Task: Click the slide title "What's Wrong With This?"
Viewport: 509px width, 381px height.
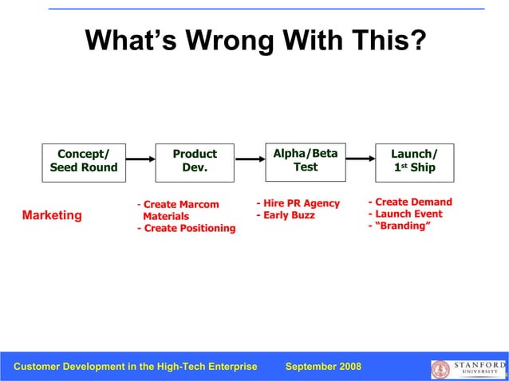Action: pos(255,41)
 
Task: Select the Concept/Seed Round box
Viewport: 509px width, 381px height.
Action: pos(84,160)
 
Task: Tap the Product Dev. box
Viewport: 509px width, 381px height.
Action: pos(195,160)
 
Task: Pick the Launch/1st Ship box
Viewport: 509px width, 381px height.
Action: pos(414,160)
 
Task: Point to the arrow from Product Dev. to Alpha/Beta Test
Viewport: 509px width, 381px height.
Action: pos(250,159)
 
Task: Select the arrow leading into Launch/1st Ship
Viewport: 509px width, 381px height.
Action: pos(359,159)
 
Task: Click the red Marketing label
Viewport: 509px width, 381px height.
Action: pos(52,215)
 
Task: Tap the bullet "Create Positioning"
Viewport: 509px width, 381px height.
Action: pos(187,229)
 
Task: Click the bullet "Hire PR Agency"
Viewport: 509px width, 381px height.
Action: pos(298,203)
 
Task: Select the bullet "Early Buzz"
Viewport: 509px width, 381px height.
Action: pos(286,215)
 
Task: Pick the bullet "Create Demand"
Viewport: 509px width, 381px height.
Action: pos(410,202)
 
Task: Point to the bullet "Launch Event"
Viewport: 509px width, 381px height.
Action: pos(405,214)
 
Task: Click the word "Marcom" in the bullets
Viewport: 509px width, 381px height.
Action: pos(199,205)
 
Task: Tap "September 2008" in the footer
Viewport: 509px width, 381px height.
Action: pos(323,367)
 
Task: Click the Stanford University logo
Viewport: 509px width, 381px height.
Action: pos(468,368)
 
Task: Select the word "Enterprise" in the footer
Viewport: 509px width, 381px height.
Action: pos(229,367)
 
